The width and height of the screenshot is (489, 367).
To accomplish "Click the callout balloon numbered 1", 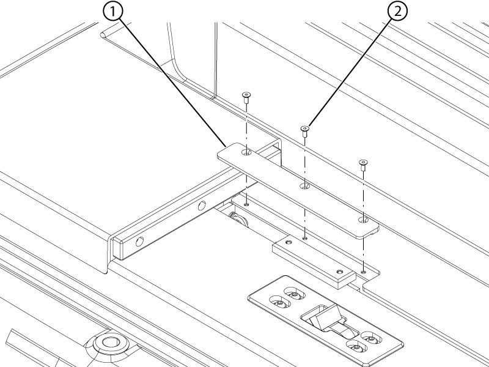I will (x=111, y=10).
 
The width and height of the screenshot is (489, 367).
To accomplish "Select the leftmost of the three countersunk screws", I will (x=246, y=95).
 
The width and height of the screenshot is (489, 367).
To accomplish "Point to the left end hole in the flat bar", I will (x=246, y=151).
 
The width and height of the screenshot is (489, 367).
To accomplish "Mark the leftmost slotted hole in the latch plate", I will (x=279, y=302).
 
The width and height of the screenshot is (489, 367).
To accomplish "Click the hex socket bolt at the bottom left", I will (x=111, y=342).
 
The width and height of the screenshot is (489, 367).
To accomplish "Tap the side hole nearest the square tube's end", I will (x=140, y=242).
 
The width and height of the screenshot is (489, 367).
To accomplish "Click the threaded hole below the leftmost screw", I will (x=246, y=204).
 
